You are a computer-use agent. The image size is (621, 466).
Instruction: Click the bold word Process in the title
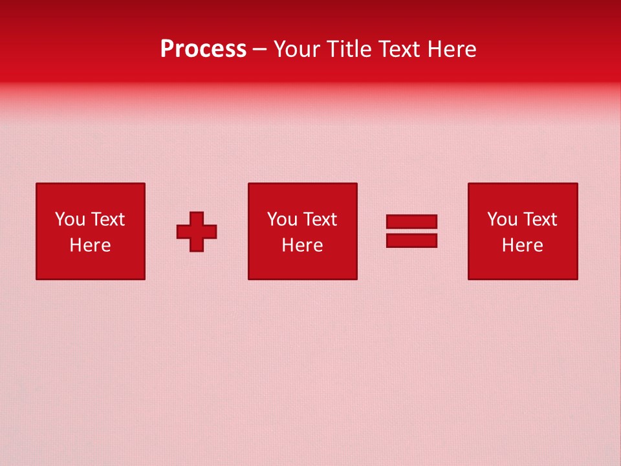(x=203, y=49)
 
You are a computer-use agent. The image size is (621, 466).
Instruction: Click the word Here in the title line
(x=453, y=49)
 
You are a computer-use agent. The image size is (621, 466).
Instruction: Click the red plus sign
(x=197, y=232)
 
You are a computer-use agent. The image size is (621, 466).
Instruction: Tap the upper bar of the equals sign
(x=411, y=221)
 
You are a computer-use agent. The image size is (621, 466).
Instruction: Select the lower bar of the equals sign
(x=411, y=240)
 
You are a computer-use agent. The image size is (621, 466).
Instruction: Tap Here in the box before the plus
(x=90, y=245)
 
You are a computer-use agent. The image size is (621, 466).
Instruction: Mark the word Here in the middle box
(x=302, y=245)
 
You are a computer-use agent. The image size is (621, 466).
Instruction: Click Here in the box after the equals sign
(x=522, y=245)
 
